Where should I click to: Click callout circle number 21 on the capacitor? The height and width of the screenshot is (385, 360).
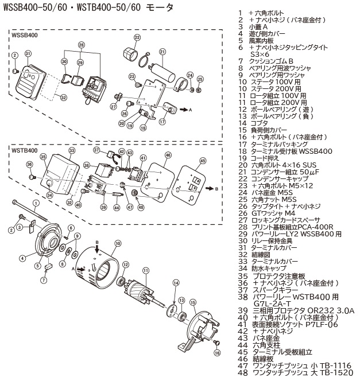(x=162, y=52)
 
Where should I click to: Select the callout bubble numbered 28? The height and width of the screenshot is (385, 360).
(x=82, y=44)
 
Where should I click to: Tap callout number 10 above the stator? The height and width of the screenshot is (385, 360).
(x=118, y=243)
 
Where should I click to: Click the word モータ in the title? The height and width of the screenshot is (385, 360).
(x=146, y=10)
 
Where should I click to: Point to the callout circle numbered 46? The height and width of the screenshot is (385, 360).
(x=168, y=155)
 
